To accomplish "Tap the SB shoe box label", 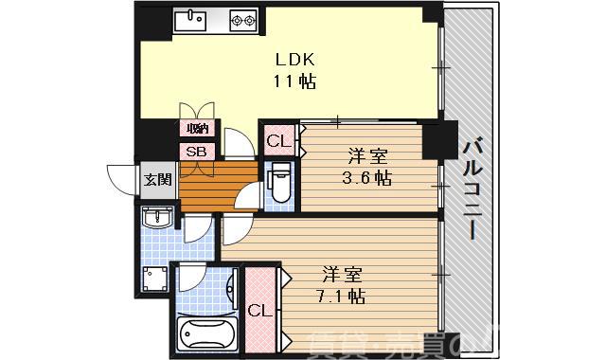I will (197, 152).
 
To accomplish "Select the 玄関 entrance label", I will (157, 179).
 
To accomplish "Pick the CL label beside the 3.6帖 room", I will (277, 142).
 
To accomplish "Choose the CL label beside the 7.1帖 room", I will (257, 311).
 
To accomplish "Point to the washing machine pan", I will (153, 279).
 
